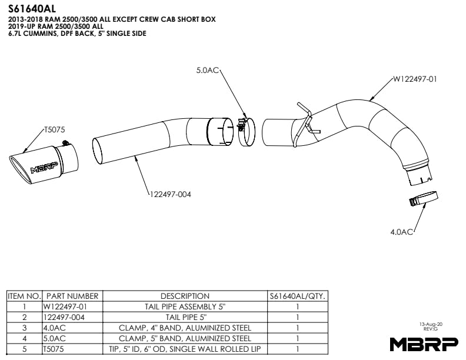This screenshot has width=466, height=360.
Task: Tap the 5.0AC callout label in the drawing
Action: click(x=207, y=71)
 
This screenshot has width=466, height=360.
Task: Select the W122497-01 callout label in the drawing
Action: click(x=415, y=78)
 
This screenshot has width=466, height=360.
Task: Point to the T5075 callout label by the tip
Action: click(x=54, y=129)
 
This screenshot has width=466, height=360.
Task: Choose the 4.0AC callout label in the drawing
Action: click(x=402, y=232)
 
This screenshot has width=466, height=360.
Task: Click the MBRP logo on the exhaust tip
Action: click(x=44, y=167)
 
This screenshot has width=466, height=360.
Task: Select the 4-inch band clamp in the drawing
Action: click(x=423, y=199)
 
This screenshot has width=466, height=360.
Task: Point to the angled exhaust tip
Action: click(x=44, y=162)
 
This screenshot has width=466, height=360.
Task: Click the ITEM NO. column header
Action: click(x=24, y=296)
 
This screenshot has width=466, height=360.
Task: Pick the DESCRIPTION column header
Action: click(x=185, y=296)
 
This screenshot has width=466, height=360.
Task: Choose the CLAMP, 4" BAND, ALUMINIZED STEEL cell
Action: click(x=185, y=328)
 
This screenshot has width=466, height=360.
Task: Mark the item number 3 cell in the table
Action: click(x=24, y=328)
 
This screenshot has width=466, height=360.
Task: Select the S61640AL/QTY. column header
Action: click(x=298, y=296)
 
